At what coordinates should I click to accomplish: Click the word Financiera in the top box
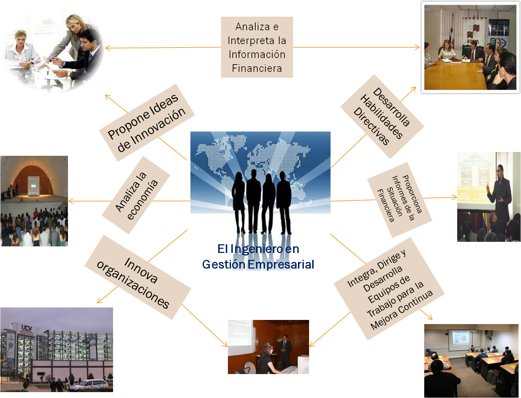(257, 68)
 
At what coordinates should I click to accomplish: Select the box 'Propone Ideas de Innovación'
(147, 122)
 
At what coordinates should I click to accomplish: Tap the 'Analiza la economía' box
(136, 195)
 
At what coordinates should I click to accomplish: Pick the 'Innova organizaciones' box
(138, 277)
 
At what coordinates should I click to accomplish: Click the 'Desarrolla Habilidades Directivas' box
(382, 117)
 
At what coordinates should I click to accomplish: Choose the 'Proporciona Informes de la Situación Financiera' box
(400, 200)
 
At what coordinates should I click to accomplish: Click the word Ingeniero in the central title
(256, 249)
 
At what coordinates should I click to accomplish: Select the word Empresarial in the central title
(281, 264)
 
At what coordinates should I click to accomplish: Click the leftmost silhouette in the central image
(239, 201)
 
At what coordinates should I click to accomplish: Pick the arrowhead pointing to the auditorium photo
(70, 201)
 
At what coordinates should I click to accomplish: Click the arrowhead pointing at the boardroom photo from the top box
(418, 48)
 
